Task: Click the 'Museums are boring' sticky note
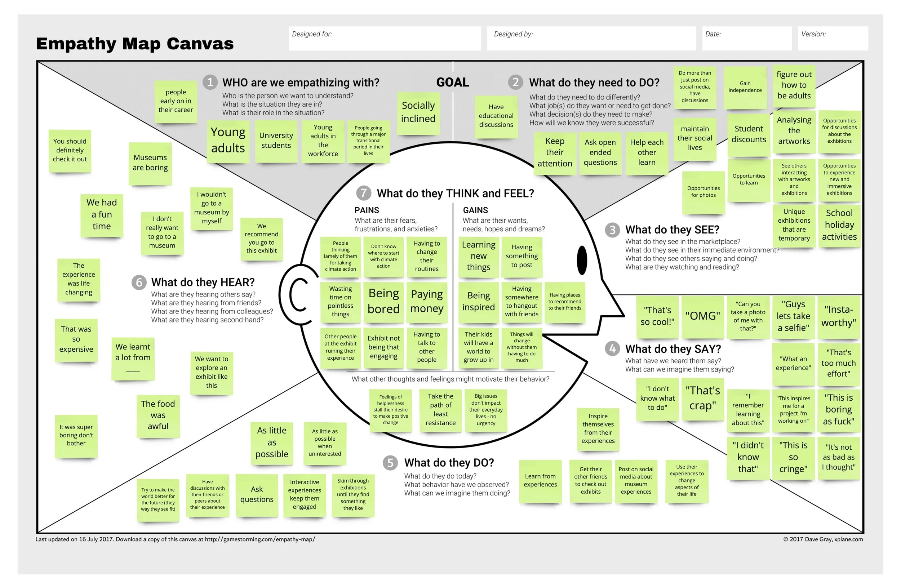tap(150, 163)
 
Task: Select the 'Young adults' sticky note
tap(228, 141)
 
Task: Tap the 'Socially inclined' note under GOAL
tap(418, 112)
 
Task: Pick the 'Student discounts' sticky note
tap(749, 134)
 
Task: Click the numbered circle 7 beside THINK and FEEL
tap(363, 193)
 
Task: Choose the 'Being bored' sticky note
tap(383, 301)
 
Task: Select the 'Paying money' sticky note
tap(427, 301)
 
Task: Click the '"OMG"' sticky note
tap(702, 316)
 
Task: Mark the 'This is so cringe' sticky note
tap(793, 457)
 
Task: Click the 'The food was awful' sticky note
tap(158, 415)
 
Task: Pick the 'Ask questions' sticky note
tap(257, 494)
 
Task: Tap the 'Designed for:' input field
tap(384, 38)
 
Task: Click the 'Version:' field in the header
tap(833, 38)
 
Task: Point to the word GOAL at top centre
tap(452, 82)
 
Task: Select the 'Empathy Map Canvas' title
tap(135, 44)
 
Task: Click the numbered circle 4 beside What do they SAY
tap(612, 349)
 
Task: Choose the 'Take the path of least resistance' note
tap(440, 410)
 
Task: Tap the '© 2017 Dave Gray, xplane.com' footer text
tap(823, 539)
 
